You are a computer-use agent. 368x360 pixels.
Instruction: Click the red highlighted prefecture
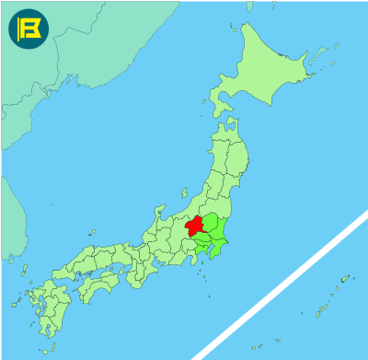(x=194, y=225)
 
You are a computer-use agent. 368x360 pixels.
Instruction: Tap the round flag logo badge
(x=28, y=29)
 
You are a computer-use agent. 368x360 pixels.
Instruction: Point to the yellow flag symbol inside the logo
(x=28, y=29)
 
